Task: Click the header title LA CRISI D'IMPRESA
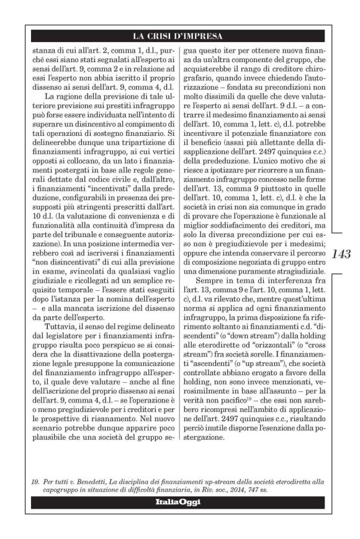coord(179,35)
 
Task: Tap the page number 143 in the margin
coord(341,254)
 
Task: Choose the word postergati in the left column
coord(56,176)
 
